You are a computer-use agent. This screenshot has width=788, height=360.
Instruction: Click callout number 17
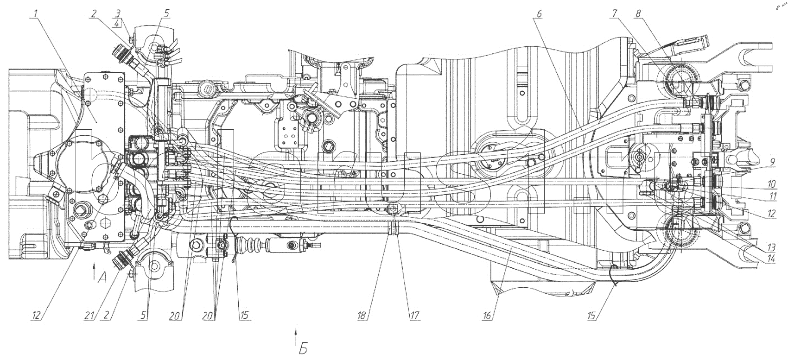pyautogui.click(x=414, y=316)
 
